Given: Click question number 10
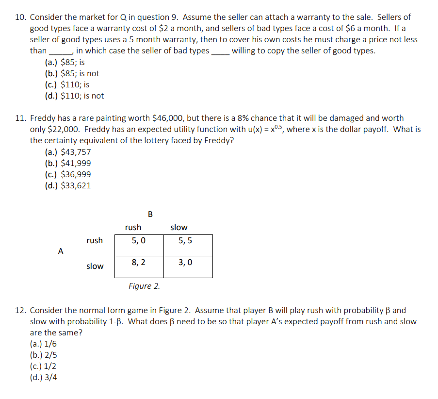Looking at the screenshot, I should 20,17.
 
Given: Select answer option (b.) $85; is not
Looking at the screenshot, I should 72,73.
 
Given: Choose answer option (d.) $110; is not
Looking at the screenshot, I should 74,96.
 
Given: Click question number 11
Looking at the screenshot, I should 20,118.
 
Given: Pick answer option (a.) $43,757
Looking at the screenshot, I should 67,152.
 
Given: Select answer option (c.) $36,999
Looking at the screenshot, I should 67,174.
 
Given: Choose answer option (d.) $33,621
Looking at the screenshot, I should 67,185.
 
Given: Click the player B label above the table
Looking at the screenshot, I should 150,214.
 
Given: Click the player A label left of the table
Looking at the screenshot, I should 60,251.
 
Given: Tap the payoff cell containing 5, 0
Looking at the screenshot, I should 139,241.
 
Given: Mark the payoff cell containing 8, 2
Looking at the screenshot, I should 139,263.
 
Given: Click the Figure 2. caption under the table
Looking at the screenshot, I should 144,286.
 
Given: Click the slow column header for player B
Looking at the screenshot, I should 179,227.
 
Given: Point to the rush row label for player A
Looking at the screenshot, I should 95,240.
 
